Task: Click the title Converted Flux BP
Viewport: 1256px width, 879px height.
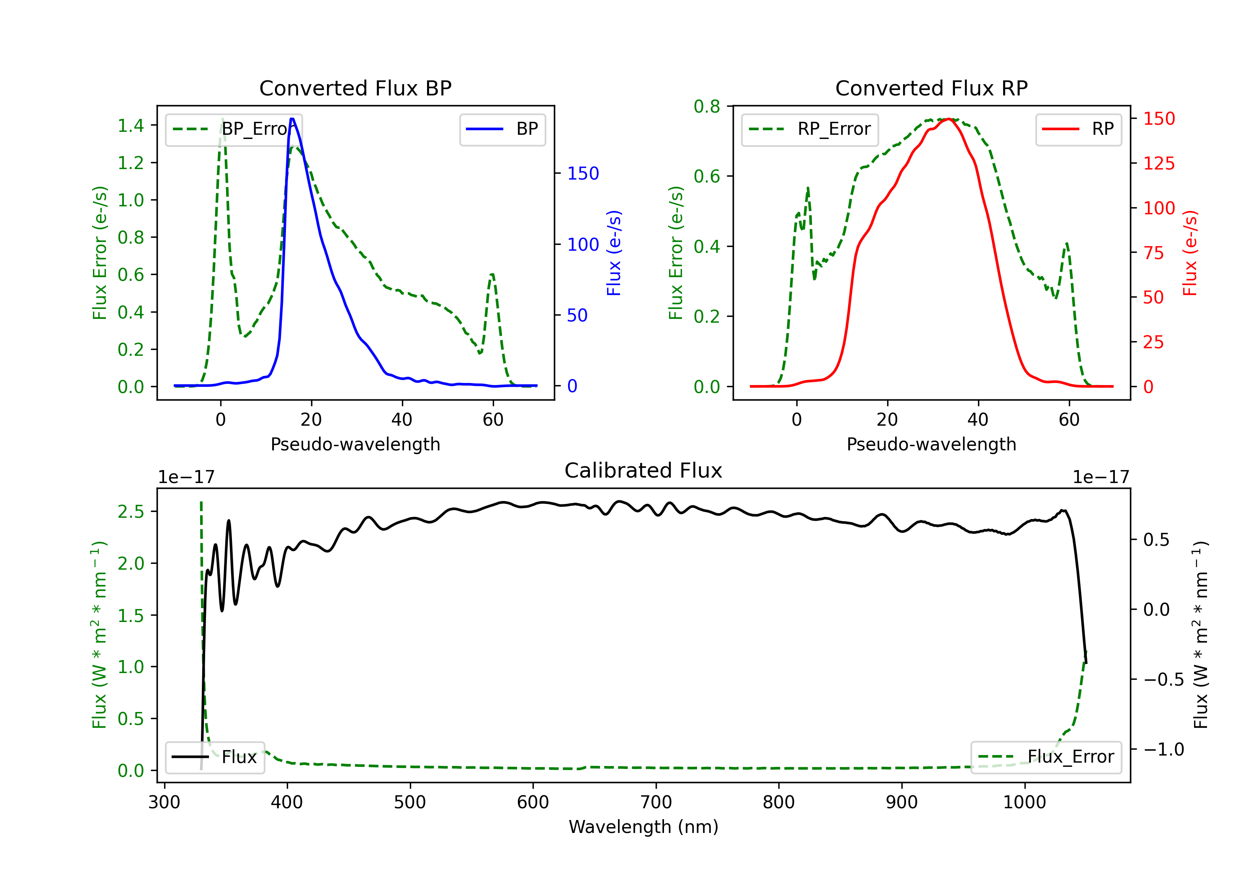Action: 355,88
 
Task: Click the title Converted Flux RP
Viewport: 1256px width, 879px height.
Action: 931,88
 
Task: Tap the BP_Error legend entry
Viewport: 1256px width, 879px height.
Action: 234,129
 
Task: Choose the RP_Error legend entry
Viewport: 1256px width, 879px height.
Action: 810,129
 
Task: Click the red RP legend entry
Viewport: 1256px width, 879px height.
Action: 1078,129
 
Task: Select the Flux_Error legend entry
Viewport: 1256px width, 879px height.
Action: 1046,757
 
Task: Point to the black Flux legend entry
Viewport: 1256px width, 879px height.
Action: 215,757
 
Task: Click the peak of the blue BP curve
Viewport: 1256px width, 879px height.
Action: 292,119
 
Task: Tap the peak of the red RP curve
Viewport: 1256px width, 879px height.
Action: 949,119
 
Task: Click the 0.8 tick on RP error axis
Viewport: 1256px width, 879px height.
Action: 707,106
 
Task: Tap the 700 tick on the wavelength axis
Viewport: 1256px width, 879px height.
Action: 656,802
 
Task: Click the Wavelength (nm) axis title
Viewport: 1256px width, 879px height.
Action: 643,827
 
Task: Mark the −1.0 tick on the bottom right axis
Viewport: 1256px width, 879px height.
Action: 1163,749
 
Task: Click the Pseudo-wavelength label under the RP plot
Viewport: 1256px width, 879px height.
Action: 931,444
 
